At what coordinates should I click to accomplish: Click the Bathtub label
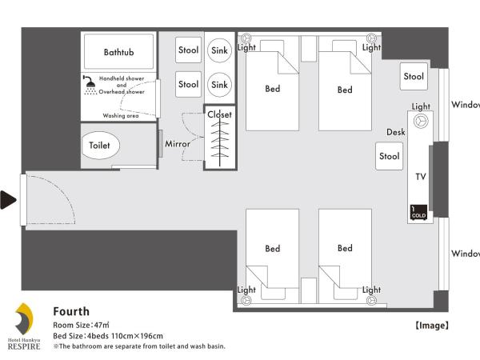click(x=118, y=52)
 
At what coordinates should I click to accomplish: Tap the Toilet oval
click(x=101, y=146)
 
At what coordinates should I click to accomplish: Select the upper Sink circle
click(x=219, y=50)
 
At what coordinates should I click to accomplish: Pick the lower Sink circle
click(x=219, y=85)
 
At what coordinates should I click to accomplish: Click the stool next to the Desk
click(x=389, y=156)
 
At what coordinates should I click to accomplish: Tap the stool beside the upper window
click(x=414, y=77)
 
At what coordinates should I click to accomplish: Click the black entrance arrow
click(x=8, y=200)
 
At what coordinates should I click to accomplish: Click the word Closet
click(x=219, y=114)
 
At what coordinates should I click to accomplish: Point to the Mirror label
click(x=178, y=144)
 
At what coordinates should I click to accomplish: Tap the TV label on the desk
click(x=421, y=177)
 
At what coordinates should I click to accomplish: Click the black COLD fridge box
click(x=418, y=212)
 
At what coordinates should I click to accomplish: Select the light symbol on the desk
click(x=421, y=121)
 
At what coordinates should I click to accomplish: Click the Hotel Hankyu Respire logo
click(x=24, y=326)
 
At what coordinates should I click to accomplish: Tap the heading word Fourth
click(x=71, y=312)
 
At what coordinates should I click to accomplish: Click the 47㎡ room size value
click(x=102, y=325)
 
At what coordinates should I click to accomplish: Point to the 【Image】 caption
click(x=432, y=326)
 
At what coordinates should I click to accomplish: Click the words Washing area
click(x=121, y=116)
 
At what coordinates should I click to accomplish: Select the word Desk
click(x=396, y=132)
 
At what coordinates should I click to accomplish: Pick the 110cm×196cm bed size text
click(x=137, y=336)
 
